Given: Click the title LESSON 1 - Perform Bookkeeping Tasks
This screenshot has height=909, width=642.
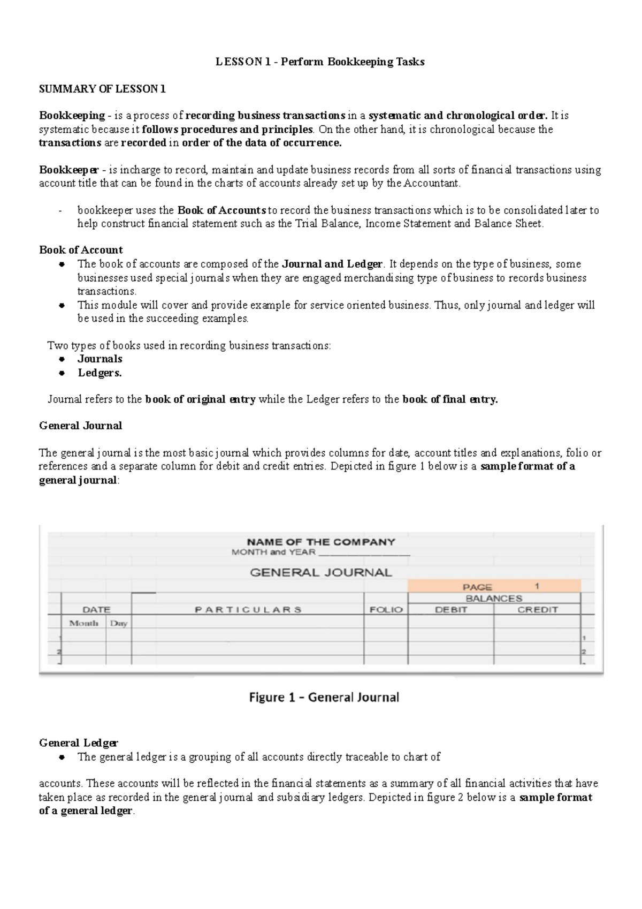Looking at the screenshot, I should pyautogui.click(x=320, y=62).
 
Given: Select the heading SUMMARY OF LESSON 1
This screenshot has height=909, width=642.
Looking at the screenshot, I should pyautogui.click(x=102, y=89).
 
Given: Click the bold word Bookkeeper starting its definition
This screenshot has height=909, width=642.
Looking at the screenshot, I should pyautogui.click(x=68, y=170).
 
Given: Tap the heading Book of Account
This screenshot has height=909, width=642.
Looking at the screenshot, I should pyautogui.click(x=81, y=250).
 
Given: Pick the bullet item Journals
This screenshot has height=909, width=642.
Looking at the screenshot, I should pyautogui.click(x=100, y=359).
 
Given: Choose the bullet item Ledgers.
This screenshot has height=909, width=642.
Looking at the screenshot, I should pyautogui.click(x=100, y=373).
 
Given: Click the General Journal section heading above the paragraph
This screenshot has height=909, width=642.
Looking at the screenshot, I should pyautogui.click(x=80, y=426).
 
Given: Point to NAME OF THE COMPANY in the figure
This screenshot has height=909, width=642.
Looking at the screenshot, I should pyautogui.click(x=320, y=542).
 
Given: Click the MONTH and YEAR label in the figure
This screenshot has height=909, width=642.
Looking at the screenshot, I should pyautogui.click(x=273, y=552).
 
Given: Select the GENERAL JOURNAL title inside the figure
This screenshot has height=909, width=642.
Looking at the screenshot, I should pyautogui.click(x=321, y=572).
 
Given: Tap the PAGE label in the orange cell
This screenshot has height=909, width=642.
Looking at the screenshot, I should pyautogui.click(x=477, y=587).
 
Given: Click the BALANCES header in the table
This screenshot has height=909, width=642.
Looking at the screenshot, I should pyautogui.click(x=493, y=598).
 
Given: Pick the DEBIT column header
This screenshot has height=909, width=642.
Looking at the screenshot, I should pyautogui.click(x=451, y=609).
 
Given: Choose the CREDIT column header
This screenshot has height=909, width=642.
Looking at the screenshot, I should pyautogui.click(x=537, y=609).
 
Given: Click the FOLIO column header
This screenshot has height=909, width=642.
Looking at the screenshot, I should pyautogui.click(x=386, y=609).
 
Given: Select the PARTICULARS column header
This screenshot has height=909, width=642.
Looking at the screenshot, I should pyautogui.click(x=248, y=609).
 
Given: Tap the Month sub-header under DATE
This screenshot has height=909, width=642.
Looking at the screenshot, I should pyautogui.click(x=83, y=623).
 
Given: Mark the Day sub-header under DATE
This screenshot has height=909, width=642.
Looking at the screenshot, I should pyautogui.click(x=119, y=623).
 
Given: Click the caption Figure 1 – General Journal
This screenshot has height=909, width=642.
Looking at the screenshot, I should pyautogui.click(x=324, y=697).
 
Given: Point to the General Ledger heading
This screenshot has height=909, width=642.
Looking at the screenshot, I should pyautogui.click(x=79, y=743).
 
